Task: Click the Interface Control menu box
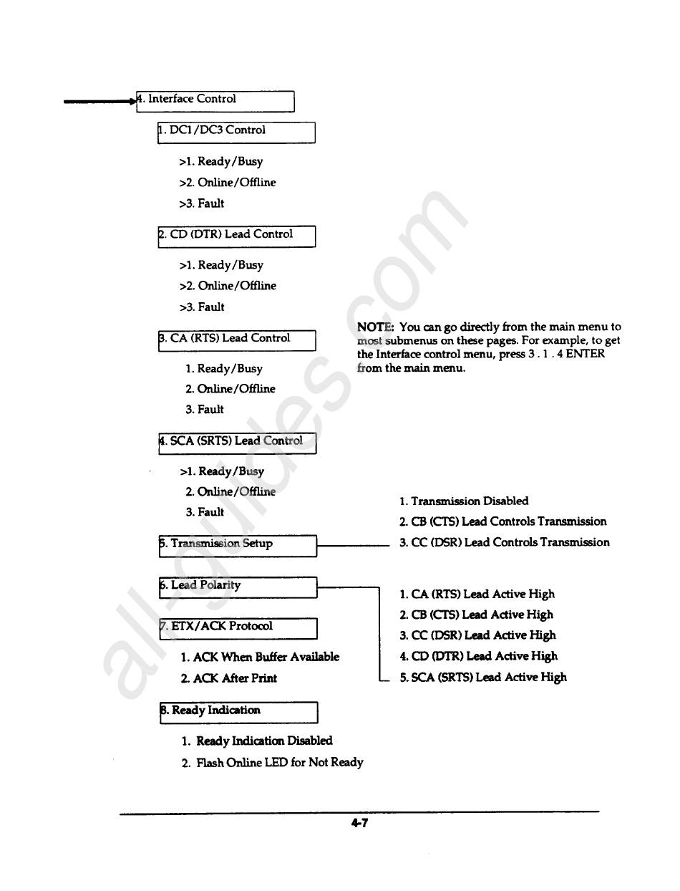coord(215,100)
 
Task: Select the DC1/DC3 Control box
coord(236,132)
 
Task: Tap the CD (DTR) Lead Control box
coord(236,236)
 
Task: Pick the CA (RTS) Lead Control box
coord(236,339)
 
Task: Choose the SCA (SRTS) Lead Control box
coord(236,443)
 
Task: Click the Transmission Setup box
coord(237,545)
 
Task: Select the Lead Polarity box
coord(237,587)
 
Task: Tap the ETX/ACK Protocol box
coord(237,627)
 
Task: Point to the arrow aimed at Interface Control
coord(100,102)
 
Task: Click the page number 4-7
coord(359,823)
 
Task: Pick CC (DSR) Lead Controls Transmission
coord(504,542)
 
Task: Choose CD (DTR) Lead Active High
coord(478,656)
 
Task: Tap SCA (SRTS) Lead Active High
coord(482,677)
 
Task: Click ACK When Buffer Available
coord(260,657)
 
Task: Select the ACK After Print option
coord(228,678)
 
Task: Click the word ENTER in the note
coord(586,354)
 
